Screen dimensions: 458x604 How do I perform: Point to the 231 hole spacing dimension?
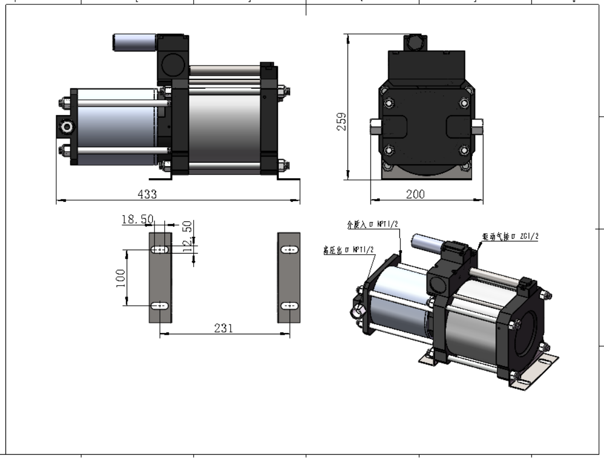pyautogui.click(x=224, y=328)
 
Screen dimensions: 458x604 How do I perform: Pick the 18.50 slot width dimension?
pyautogui.click(x=137, y=219)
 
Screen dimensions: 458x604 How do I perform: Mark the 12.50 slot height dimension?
pyautogui.click(x=187, y=233)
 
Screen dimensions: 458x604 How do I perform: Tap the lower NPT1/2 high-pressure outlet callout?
pyautogui.click(x=348, y=250)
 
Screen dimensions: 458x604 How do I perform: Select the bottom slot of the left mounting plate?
pyautogui.click(x=160, y=306)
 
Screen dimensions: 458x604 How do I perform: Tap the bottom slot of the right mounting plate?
pyautogui.click(x=289, y=306)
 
